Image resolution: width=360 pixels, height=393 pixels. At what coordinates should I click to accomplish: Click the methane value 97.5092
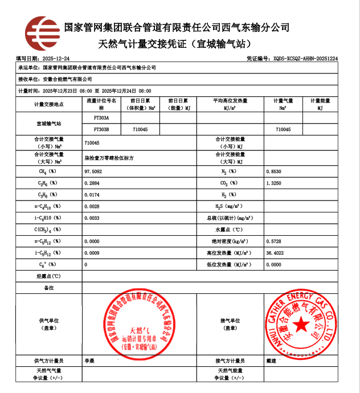(x=93, y=171)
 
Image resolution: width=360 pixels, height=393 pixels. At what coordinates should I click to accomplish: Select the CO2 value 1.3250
(x=273, y=183)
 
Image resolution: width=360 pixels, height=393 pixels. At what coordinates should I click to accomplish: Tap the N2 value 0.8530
(x=273, y=171)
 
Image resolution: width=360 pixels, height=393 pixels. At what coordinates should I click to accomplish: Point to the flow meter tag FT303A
(x=101, y=118)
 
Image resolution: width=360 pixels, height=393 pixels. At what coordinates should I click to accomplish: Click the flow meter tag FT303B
(x=101, y=130)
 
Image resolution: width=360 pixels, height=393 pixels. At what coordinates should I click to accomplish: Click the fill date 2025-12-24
(x=56, y=59)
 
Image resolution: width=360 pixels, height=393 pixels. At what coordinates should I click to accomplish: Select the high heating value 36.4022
(x=275, y=253)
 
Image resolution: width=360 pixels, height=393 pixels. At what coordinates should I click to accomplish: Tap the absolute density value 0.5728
(x=273, y=241)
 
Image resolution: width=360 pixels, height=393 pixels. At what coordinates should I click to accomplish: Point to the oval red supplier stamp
(x=140, y=325)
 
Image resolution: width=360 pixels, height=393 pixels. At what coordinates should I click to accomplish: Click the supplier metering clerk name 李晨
(x=89, y=361)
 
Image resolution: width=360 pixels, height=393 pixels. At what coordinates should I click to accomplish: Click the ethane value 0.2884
(x=92, y=183)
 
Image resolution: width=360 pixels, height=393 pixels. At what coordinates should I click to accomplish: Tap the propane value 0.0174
(x=92, y=195)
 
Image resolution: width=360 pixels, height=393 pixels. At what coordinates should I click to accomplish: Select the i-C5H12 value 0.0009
(x=92, y=253)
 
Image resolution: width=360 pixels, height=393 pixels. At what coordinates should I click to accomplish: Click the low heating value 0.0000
(x=273, y=265)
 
